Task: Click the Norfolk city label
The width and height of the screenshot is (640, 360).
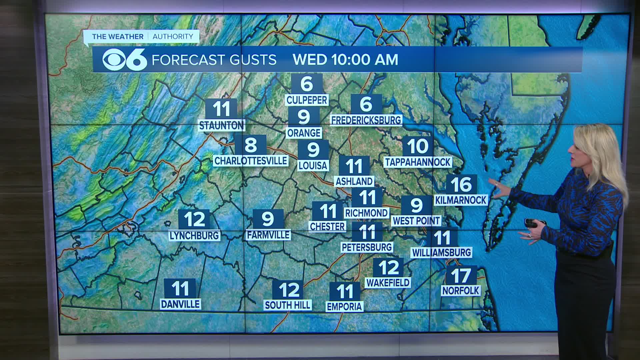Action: click(x=461, y=291)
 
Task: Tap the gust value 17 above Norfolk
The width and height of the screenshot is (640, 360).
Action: click(x=461, y=275)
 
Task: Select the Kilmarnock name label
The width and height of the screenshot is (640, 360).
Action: click(x=461, y=200)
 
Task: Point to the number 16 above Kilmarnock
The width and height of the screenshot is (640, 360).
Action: click(x=461, y=184)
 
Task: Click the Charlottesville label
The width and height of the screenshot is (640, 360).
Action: click(x=250, y=161)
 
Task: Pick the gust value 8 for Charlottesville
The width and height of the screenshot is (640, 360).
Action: click(x=251, y=145)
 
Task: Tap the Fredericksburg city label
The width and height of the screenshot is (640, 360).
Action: click(x=366, y=120)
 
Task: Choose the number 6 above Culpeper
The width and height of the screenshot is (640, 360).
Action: click(x=307, y=84)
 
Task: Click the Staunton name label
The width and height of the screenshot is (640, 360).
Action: click(x=221, y=125)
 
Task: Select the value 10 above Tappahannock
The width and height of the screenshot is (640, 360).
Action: click(x=418, y=146)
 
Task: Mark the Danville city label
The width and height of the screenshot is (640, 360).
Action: click(x=180, y=304)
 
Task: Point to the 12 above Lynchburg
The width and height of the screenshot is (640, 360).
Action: click(x=194, y=219)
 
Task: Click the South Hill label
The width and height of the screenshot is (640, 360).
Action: click(x=287, y=305)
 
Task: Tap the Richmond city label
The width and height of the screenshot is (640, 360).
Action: click(x=367, y=213)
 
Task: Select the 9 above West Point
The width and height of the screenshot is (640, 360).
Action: click(x=417, y=205)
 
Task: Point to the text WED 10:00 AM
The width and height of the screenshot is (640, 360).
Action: click(x=345, y=60)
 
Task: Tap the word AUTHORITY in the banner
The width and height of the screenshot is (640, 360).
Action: click(x=173, y=37)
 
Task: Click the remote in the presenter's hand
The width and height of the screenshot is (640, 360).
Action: click(x=531, y=223)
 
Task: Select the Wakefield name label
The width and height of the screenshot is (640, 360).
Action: click(x=388, y=283)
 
